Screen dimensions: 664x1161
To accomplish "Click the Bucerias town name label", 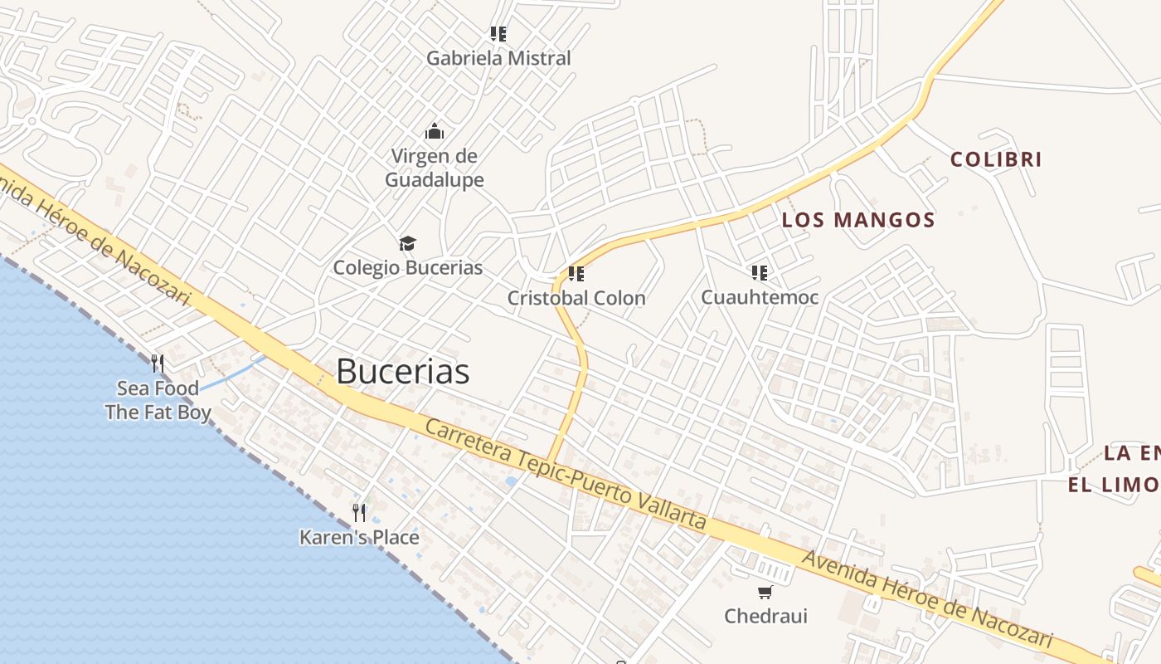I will click(402, 372).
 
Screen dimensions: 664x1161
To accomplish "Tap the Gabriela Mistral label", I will click(498, 58).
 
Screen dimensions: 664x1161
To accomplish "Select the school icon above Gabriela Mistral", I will click(498, 34).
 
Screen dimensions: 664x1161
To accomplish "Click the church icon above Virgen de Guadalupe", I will click(434, 131).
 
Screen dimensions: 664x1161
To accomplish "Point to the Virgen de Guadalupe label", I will click(434, 168).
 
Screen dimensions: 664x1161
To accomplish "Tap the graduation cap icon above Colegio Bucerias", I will click(407, 243).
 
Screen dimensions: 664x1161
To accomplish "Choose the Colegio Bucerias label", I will click(407, 267).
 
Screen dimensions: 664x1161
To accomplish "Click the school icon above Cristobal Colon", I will click(576, 273).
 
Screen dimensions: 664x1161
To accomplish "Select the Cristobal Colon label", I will click(576, 298).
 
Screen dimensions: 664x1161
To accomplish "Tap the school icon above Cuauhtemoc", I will click(760, 272).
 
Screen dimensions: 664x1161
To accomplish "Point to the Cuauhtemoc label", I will click(760, 297).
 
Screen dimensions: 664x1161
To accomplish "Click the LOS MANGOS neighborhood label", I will click(858, 220).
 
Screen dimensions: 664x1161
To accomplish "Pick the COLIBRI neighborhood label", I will click(995, 159).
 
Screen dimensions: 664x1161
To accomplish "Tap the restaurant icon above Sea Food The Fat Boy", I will click(158, 364).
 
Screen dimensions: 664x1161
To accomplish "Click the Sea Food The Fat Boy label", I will click(158, 400).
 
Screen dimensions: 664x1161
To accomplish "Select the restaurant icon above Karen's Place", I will click(359, 512).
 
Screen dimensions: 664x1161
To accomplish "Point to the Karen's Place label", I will click(359, 538).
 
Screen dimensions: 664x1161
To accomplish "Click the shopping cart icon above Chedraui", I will click(765, 592).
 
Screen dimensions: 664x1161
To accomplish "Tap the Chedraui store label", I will click(765, 616).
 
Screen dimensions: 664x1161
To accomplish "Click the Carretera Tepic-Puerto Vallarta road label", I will click(566, 475).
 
